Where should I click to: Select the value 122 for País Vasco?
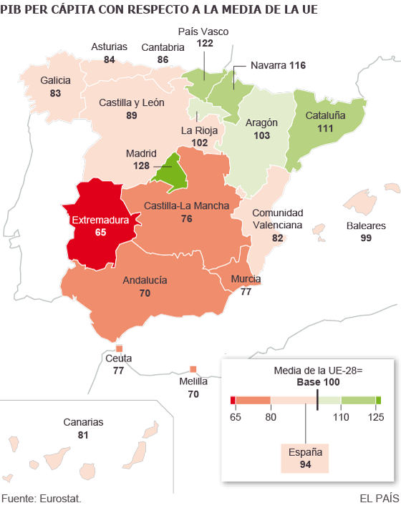(205, 44)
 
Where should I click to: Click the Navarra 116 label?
(278, 65)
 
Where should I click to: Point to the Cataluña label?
(325, 115)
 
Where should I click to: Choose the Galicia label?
(55, 81)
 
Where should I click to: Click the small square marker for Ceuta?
(119, 348)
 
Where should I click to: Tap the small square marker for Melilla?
(193, 369)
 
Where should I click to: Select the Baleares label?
(366, 225)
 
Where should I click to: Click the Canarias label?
(83, 422)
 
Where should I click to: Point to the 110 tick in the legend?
(341, 416)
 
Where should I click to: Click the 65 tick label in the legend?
(233, 416)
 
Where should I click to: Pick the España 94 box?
(306, 458)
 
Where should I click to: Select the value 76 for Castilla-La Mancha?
(186, 218)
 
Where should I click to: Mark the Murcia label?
(246, 279)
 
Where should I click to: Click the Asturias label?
(109, 47)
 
